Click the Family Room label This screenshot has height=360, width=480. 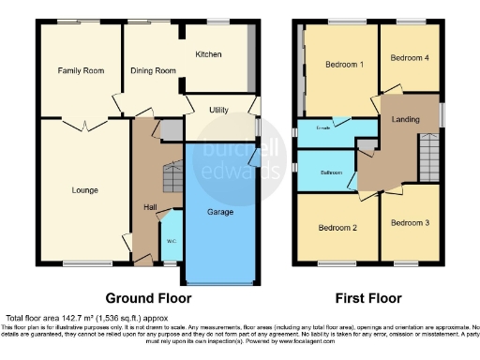point(80,70)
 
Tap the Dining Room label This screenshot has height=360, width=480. point(153,70)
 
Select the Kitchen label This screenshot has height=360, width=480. point(208,55)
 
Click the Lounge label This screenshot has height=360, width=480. point(84,190)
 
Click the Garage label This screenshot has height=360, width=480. point(219,213)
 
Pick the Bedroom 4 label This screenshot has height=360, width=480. point(409,58)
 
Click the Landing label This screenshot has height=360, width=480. point(405,119)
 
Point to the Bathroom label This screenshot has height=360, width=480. point(332,172)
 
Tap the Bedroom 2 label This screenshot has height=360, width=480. point(337,228)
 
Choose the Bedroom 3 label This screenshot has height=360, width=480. point(409,223)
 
